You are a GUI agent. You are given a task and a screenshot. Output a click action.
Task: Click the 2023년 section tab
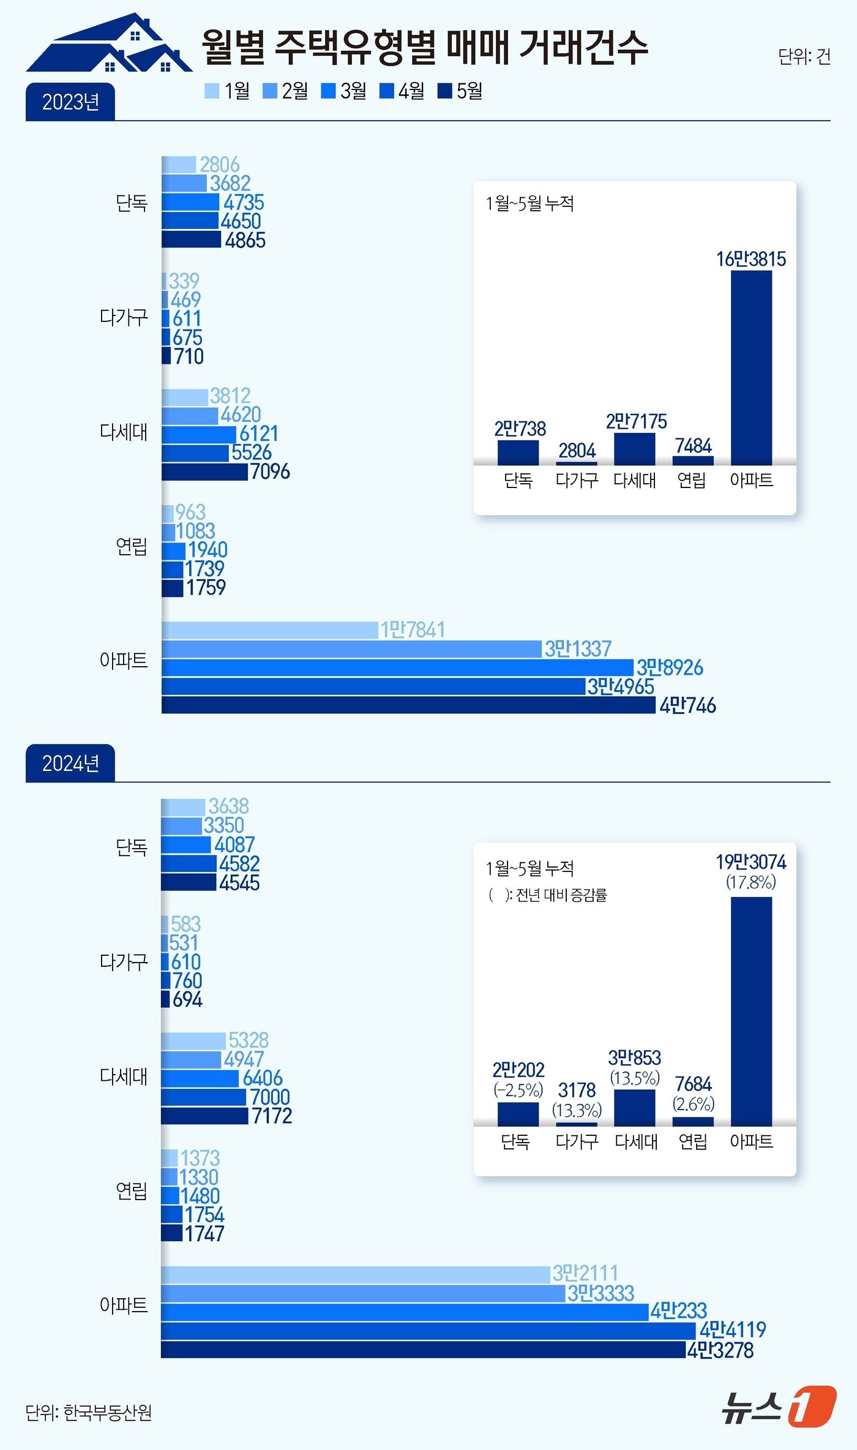pos(70,102)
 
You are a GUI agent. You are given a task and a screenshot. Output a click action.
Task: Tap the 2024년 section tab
pos(70,764)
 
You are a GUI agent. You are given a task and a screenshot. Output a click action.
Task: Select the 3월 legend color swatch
pos(328,91)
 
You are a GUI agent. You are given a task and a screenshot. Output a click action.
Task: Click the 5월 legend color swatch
pos(444,91)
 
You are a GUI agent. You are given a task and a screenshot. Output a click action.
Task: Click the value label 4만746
pos(687,706)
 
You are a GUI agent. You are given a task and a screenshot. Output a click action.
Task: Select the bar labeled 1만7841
pos(269,630)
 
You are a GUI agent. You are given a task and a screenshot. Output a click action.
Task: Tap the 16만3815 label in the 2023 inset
pos(751,259)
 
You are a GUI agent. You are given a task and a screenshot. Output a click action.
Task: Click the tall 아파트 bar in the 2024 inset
pos(751,1010)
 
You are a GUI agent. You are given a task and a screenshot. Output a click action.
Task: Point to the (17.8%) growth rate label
pos(751,882)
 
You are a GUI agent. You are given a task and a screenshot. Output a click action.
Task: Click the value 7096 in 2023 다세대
pos(270,471)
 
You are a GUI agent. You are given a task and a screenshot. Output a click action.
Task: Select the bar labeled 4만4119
pos(428,1330)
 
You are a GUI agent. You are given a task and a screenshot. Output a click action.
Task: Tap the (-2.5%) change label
pos(518,1090)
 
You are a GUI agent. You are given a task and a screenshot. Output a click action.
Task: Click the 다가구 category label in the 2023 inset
pos(577,480)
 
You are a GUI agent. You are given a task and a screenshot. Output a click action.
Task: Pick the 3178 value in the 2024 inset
pos(577,1091)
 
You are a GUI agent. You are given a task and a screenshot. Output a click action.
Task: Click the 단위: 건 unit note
pos(804,56)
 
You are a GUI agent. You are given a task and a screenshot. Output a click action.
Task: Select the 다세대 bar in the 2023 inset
pos(634,449)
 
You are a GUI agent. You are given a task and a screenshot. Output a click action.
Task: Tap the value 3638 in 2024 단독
pos(228,806)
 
